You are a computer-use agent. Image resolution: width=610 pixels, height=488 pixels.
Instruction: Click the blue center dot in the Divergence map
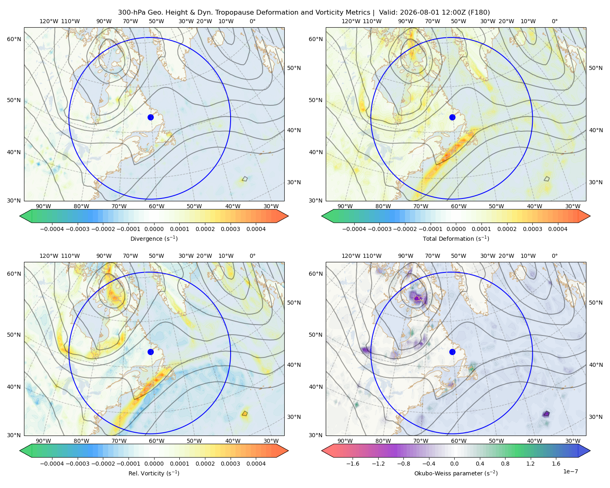click(150, 117)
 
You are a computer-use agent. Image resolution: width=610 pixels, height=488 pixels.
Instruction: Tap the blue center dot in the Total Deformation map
click(452, 117)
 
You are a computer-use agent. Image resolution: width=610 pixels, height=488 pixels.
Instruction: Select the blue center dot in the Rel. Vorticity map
click(150, 352)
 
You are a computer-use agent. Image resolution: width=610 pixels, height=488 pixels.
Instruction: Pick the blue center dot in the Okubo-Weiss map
click(452, 352)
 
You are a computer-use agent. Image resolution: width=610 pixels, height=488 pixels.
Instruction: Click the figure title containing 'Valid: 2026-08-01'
click(304, 13)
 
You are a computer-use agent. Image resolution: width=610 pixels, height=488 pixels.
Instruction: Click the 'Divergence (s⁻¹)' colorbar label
click(154, 238)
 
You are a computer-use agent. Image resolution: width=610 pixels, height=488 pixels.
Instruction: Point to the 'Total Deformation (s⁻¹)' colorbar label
click(456, 238)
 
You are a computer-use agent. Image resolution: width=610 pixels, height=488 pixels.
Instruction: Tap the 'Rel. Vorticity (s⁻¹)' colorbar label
click(154, 473)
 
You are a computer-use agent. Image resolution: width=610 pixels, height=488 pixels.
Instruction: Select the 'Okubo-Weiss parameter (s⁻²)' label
click(456, 473)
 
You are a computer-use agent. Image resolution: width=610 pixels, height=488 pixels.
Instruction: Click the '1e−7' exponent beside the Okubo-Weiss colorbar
click(570, 471)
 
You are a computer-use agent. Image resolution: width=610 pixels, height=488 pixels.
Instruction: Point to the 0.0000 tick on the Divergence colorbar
click(154, 229)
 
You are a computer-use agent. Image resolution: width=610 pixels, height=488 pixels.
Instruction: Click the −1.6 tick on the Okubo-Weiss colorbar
click(353, 464)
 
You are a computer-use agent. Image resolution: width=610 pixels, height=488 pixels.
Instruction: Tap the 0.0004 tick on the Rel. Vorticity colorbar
click(256, 464)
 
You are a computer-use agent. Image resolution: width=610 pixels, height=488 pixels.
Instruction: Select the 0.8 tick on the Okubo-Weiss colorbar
click(505, 464)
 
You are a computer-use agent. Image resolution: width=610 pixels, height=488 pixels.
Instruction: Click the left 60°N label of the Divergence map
click(14, 39)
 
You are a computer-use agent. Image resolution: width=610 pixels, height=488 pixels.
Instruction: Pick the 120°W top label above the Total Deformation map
click(351, 21)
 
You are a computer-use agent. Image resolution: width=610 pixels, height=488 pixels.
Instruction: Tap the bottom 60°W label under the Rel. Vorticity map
click(157, 441)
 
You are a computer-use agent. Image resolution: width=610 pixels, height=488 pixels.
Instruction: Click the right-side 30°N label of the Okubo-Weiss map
click(596, 417)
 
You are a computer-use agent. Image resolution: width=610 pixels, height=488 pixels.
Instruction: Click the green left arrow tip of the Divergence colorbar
click(20, 216)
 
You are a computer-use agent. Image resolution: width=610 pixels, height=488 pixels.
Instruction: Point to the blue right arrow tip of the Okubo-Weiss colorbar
click(590, 451)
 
